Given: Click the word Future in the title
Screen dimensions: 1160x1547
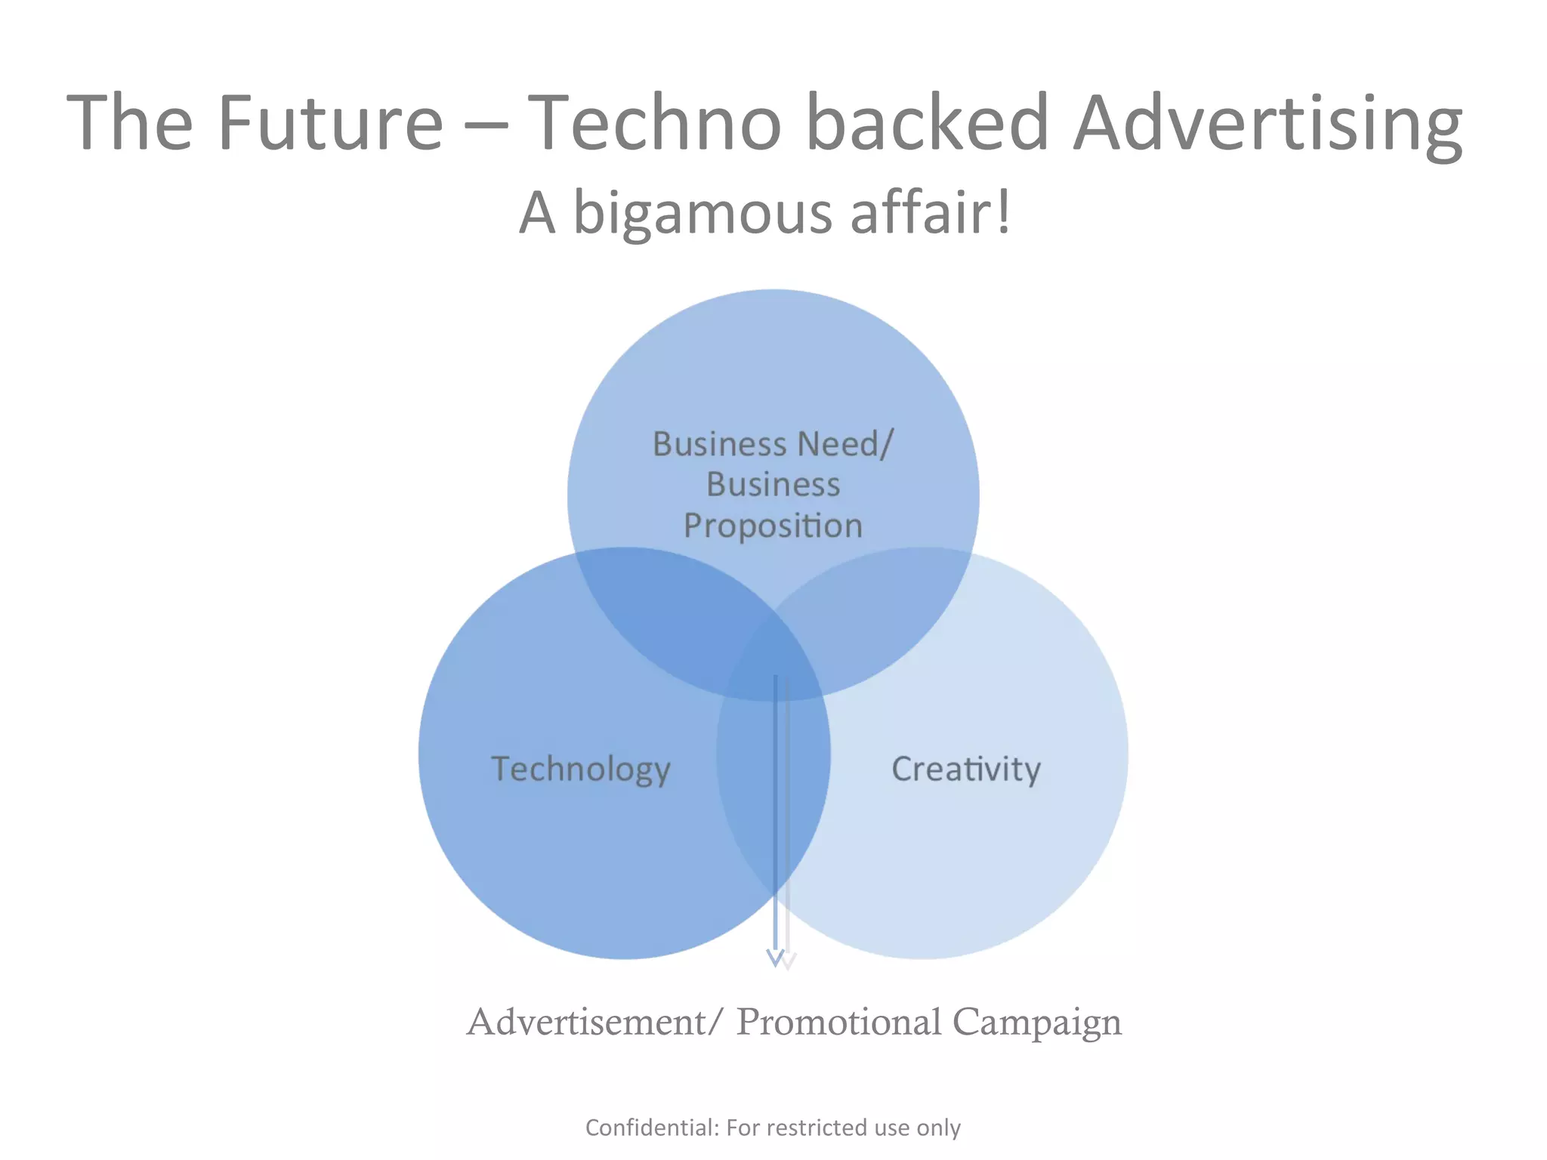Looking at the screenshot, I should [x=330, y=122].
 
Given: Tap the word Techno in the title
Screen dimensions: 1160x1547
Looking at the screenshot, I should [x=653, y=122].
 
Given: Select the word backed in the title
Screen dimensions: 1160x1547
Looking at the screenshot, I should [x=928, y=122].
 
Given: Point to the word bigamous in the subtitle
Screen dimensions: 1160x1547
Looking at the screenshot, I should [x=702, y=214].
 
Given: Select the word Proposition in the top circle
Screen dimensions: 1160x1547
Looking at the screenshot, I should [x=773, y=526].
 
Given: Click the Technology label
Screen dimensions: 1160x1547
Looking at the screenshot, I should [x=581, y=770].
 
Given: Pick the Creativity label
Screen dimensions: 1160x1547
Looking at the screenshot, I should [x=966, y=770].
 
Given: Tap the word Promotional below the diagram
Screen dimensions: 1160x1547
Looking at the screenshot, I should [x=838, y=1023].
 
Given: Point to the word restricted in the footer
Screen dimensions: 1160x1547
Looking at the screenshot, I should [x=819, y=1128].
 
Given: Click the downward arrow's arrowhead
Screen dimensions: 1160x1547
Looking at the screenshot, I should [x=777, y=958].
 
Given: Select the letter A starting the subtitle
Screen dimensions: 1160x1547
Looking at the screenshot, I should [x=537, y=214].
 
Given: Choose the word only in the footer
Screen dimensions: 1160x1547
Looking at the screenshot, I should [x=938, y=1128].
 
